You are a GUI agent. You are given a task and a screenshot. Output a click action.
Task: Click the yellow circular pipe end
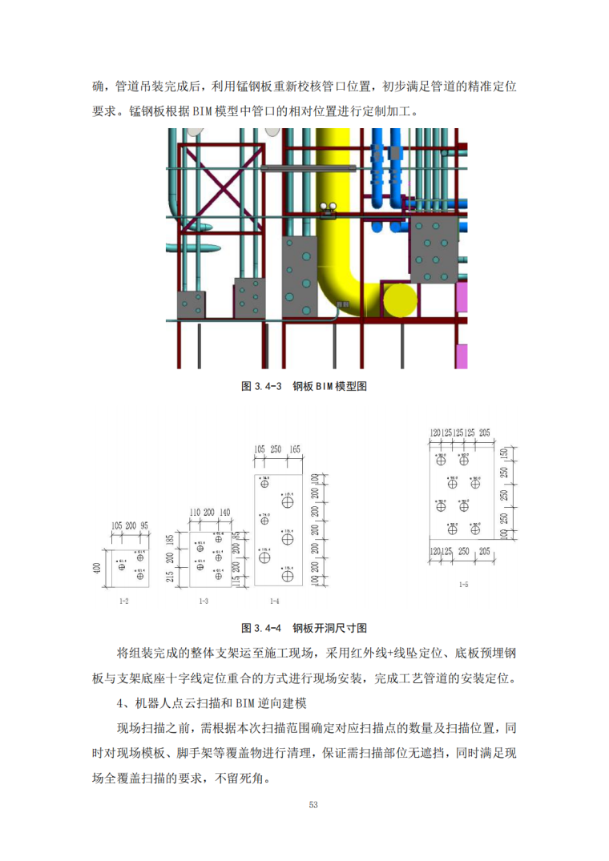coord(401,300)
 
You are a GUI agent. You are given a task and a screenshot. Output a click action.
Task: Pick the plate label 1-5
coord(462,585)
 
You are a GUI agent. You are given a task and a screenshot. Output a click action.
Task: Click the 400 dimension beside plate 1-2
coord(97,568)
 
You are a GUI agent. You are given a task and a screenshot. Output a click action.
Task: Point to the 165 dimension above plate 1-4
coord(294,450)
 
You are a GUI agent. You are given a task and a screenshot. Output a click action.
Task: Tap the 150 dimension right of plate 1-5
coord(504,454)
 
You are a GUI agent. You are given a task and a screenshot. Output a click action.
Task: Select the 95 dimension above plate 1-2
coord(144,525)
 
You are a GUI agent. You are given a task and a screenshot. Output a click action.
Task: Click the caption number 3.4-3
coord(268,386)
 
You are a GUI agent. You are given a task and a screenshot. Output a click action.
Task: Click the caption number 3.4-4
coord(268,627)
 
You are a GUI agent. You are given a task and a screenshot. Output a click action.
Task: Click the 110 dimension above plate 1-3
coord(195,512)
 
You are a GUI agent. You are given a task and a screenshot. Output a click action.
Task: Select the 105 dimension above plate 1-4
coord(260,450)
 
